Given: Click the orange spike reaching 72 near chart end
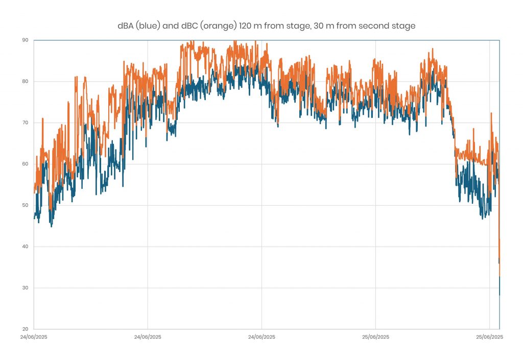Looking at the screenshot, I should click(491, 113).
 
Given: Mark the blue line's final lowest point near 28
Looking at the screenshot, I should click(499, 295).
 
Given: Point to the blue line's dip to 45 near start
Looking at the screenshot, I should click(51, 226).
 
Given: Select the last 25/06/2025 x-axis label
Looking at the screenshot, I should click(490, 337).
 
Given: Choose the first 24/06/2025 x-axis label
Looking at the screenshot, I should click(34, 337).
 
